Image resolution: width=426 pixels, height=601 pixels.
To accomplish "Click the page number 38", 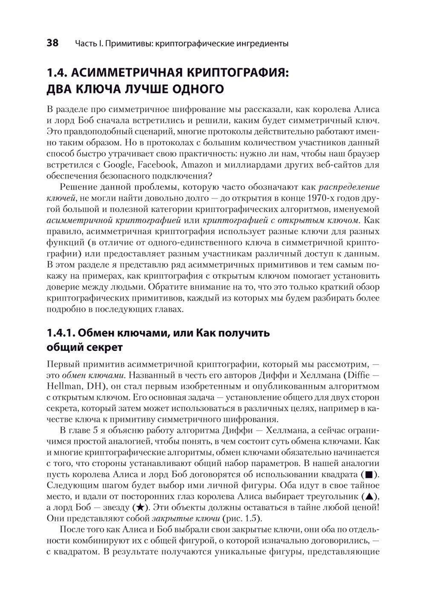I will pos(52,43).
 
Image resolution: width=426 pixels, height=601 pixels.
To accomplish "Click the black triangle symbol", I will pos(370,496).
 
